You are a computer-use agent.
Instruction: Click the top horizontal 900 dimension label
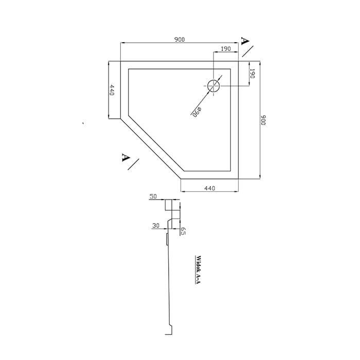(x=179, y=40)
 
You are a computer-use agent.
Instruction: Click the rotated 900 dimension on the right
(x=263, y=120)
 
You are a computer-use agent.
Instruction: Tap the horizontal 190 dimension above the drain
(x=226, y=49)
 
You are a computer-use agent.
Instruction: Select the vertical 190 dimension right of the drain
(x=253, y=74)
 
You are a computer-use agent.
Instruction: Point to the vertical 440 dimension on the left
(x=112, y=90)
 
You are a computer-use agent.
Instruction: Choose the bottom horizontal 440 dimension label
(x=210, y=188)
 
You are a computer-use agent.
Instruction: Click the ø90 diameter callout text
(x=197, y=112)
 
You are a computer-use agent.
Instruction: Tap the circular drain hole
(x=213, y=86)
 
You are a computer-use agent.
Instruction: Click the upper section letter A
(x=245, y=41)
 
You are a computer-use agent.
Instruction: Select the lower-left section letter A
(x=125, y=157)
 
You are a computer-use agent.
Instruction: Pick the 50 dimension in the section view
(x=153, y=196)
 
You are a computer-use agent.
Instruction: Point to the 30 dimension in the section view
(x=156, y=226)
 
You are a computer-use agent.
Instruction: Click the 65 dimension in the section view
(x=183, y=231)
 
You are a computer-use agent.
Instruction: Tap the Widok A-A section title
(x=198, y=270)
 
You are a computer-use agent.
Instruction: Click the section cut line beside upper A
(x=248, y=51)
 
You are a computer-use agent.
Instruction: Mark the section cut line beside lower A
(x=133, y=164)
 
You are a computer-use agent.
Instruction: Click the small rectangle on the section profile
(x=167, y=239)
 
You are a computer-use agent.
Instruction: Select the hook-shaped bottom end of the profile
(x=169, y=330)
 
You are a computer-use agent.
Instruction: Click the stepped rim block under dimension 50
(x=169, y=205)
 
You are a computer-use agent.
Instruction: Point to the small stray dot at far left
(x=83, y=123)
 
